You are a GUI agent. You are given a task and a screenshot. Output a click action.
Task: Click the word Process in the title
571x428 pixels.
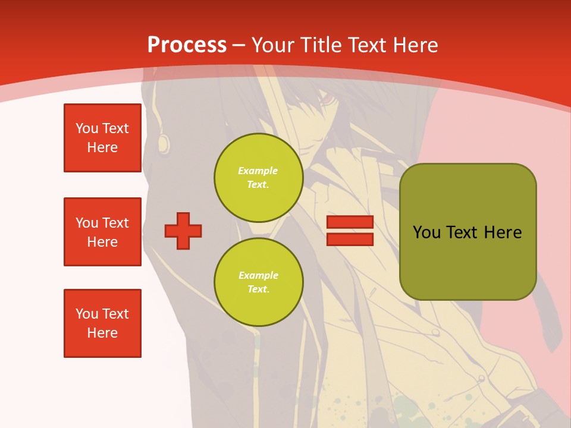[x=187, y=45]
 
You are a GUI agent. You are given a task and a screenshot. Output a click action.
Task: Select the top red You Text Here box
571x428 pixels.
[x=102, y=138]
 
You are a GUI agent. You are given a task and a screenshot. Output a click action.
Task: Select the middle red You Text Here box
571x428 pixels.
[x=102, y=232]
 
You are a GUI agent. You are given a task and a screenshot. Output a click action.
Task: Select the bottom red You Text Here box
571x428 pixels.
[x=102, y=323]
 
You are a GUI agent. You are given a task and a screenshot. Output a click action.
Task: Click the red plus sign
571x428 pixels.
[x=183, y=231]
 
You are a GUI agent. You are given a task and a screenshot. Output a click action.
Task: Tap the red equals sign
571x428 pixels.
[x=350, y=231]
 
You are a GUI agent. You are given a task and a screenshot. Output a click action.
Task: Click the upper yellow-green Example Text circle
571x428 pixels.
[x=258, y=177]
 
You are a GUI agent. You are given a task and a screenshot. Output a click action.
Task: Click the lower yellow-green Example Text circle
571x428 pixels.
[x=258, y=282]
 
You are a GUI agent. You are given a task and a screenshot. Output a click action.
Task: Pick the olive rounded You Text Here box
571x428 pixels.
[x=468, y=232]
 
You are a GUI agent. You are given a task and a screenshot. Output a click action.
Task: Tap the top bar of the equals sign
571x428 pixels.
[x=350, y=222]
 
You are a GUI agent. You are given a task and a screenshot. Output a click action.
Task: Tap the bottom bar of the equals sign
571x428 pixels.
[x=350, y=239]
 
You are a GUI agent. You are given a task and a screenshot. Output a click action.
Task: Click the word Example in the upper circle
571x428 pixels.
[x=258, y=171]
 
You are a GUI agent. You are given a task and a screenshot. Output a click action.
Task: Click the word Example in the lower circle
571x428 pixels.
[x=258, y=275]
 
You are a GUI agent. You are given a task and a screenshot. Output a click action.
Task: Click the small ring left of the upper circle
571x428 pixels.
[x=163, y=141]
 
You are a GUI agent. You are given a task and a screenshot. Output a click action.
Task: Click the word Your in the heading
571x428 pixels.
[x=274, y=45]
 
